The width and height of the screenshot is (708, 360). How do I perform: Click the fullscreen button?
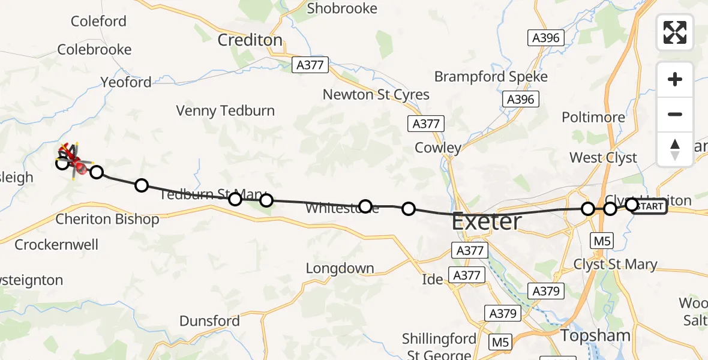[x=675, y=32]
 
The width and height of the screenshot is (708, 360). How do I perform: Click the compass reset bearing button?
[x=675, y=149]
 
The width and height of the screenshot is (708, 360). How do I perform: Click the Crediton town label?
[x=250, y=40]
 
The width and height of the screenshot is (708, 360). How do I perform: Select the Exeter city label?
[x=487, y=221]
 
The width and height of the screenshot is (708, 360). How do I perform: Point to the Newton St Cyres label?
[x=376, y=95]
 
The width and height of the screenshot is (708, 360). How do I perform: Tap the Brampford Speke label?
[x=491, y=77]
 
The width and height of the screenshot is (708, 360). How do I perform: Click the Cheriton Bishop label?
[x=107, y=220]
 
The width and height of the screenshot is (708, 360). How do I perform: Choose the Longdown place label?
[x=340, y=268]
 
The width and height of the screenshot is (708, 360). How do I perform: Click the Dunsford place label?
[x=210, y=321]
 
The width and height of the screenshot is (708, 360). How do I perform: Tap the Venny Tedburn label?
[x=225, y=111]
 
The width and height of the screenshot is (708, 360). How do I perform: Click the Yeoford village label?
[x=126, y=82]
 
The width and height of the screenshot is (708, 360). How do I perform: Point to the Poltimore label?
[x=593, y=118]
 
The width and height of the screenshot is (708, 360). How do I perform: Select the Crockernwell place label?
[x=56, y=245]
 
